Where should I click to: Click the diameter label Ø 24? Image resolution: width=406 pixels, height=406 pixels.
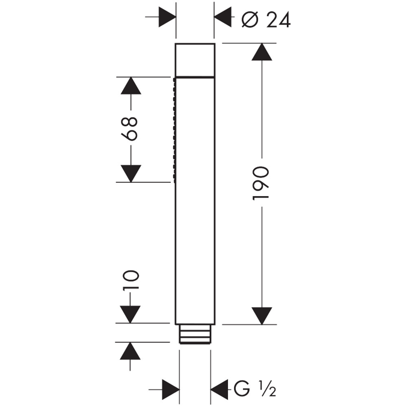pyautogui.click(x=265, y=20)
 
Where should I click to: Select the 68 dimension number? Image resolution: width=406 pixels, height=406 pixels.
pyautogui.click(x=131, y=128)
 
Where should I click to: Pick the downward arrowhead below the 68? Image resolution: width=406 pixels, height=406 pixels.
pyautogui.click(x=130, y=173)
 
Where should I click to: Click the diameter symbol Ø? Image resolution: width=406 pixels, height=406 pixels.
pyautogui.click(x=248, y=20)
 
